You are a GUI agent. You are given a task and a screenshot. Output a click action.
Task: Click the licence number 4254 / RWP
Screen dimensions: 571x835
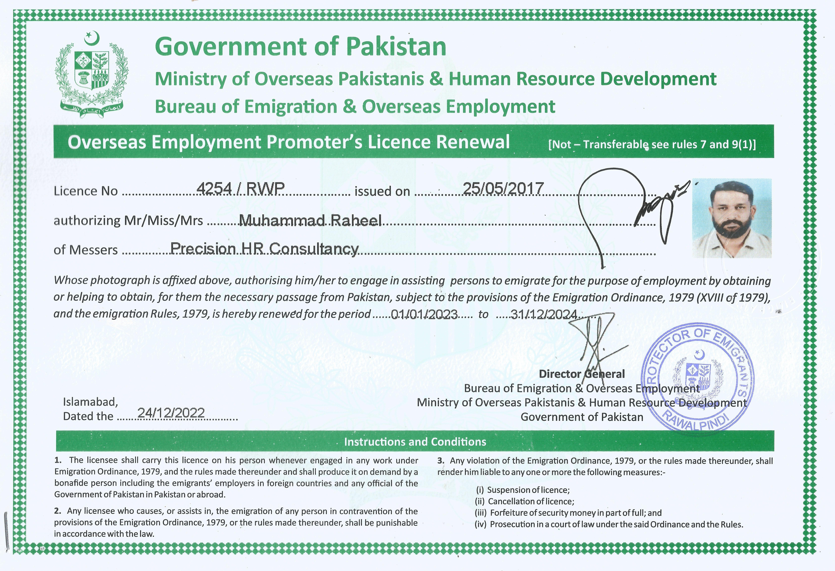(x=241, y=188)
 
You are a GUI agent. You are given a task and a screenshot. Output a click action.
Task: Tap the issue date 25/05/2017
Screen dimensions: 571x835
(x=503, y=188)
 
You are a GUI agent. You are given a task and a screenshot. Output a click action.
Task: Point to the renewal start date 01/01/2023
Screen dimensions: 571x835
(x=424, y=315)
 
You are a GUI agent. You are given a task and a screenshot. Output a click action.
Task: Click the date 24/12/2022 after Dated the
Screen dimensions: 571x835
(x=171, y=413)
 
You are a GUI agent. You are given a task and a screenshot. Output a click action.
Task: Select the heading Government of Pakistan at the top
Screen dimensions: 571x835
(x=300, y=47)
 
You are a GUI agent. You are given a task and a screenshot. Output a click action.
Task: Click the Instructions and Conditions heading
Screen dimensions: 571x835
(x=415, y=442)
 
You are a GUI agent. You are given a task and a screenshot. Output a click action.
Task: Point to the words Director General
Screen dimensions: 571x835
(x=582, y=374)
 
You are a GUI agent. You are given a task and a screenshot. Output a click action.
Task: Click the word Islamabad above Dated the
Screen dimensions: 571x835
(x=90, y=402)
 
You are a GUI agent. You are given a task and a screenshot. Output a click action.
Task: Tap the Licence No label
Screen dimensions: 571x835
(x=86, y=191)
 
